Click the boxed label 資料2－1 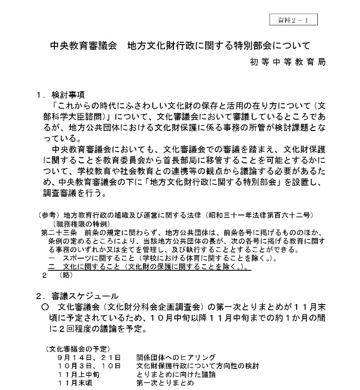click(x=293, y=19)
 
